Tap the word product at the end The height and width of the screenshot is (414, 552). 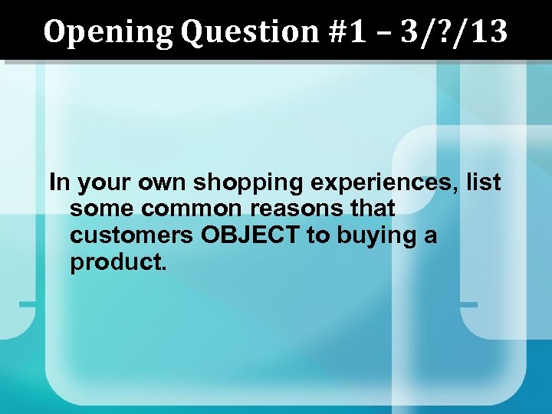(117, 261)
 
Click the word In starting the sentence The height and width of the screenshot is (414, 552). (58, 182)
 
